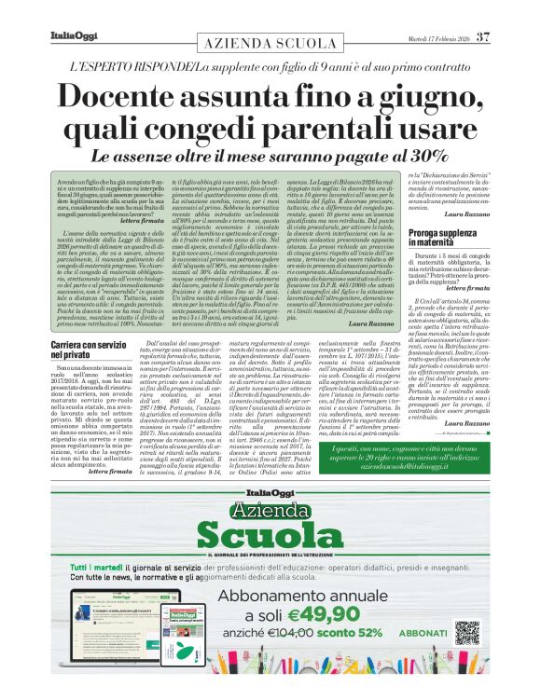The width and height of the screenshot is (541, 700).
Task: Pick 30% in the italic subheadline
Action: pyautogui.click(x=419, y=156)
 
